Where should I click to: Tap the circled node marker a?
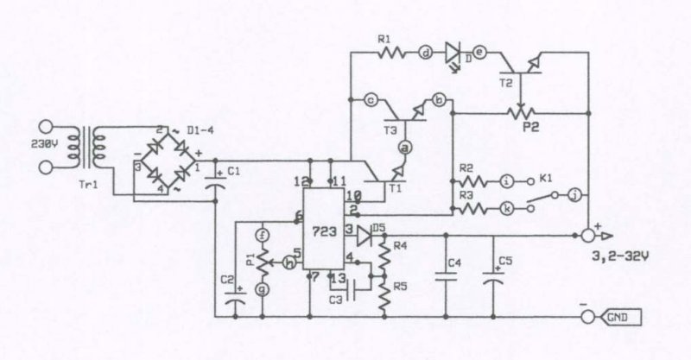pos(402,148)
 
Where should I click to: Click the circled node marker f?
pos(264,234)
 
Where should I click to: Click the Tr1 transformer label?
pos(86,186)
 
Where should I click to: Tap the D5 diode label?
pos(377,228)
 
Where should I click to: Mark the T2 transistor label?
pos(506,81)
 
